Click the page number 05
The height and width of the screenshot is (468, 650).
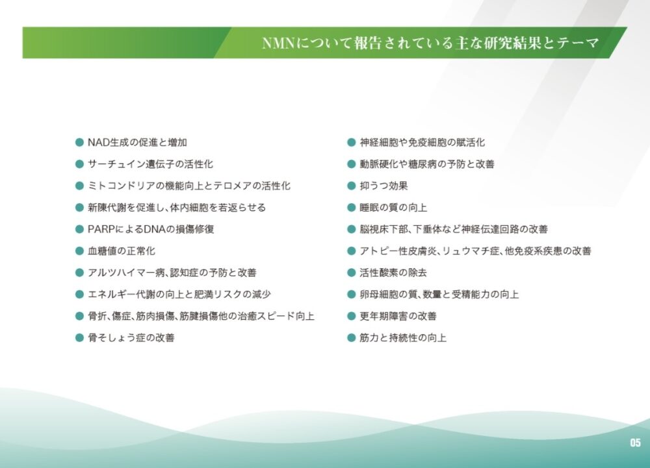(635, 442)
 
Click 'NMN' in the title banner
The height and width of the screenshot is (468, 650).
(278, 43)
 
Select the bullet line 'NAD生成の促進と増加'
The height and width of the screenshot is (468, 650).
(137, 142)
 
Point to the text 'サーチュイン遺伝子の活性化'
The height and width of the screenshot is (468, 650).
(150, 164)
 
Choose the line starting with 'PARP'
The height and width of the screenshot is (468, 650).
(151, 229)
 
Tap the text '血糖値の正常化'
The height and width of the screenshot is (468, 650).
(121, 251)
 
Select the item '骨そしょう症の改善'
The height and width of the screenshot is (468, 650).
(131, 338)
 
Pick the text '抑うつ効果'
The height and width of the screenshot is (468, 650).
(384, 186)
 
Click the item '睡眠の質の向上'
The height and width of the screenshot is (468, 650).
(393, 207)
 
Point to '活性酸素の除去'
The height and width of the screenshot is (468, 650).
(393, 273)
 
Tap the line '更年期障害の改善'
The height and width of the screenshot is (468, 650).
(398, 316)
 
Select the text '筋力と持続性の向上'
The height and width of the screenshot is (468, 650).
(403, 338)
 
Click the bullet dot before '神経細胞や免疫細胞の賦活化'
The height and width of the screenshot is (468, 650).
(352, 142)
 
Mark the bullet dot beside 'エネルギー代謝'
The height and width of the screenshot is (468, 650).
(79, 294)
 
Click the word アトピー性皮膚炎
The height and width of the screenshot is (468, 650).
(398, 251)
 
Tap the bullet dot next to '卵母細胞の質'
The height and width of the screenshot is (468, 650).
(352, 294)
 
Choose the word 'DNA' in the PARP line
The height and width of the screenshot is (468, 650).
(154, 229)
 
